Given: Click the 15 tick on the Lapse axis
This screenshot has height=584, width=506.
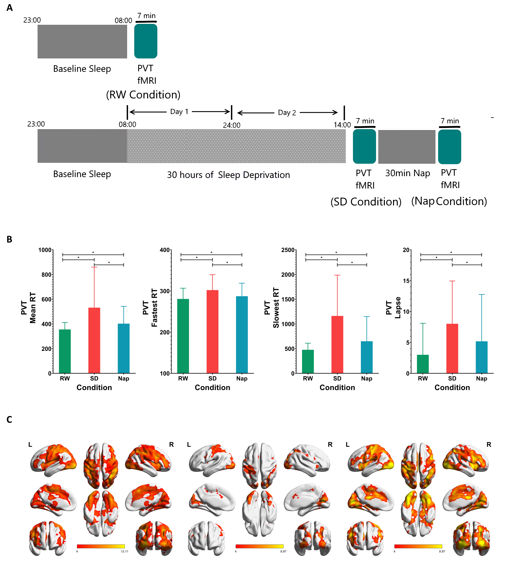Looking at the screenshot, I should (x=406, y=281).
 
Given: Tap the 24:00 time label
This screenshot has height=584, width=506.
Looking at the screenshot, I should (x=231, y=125).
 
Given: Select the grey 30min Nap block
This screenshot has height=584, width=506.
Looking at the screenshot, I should (x=407, y=147).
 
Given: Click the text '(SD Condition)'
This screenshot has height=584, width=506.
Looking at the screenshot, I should (x=366, y=202).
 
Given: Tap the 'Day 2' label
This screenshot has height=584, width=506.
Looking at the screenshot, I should (x=287, y=113).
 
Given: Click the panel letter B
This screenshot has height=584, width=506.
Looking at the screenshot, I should (x=9, y=239).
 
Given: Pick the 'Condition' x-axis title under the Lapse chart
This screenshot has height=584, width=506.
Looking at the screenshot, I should (x=452, y=387).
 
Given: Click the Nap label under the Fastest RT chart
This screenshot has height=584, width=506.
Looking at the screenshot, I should (x=242, y=378).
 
